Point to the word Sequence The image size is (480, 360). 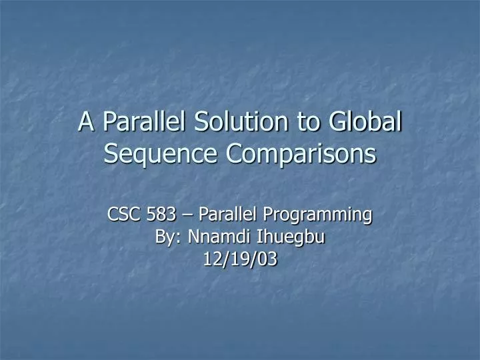point(161,154)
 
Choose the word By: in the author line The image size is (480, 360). point(169,237)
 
